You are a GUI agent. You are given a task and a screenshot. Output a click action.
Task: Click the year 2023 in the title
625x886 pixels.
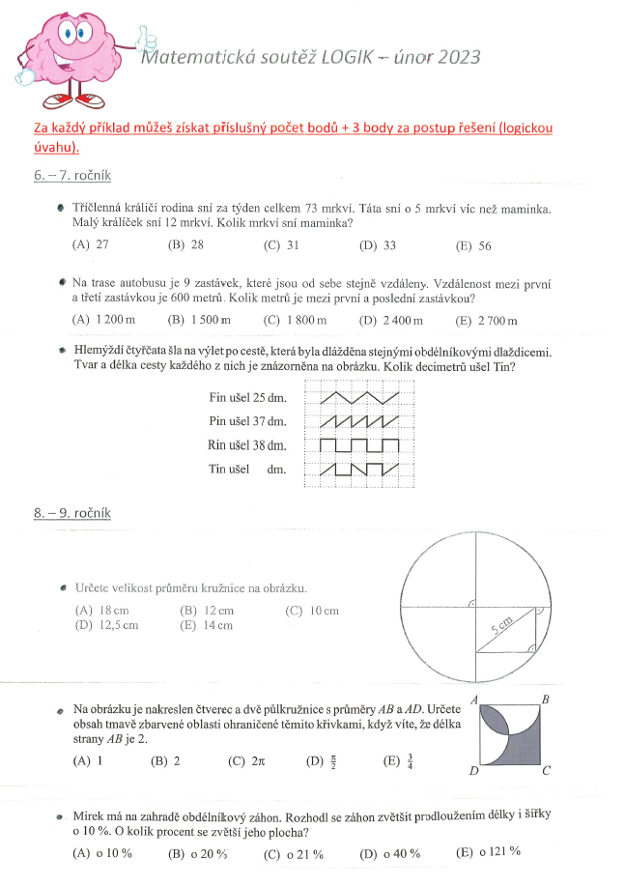click(x=451, y=57)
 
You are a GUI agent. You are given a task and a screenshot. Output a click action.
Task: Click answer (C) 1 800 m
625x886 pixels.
click(x=296, y=321)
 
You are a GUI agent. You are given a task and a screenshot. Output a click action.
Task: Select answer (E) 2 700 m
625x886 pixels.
click(x=487, y=321)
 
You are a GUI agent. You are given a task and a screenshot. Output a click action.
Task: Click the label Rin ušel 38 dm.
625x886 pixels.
click(x=248, y=445)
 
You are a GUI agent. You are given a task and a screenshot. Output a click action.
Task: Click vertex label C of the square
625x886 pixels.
click(x=547, y=770)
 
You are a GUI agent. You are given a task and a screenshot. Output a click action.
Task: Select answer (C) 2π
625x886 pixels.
click(x=242, y=760)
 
